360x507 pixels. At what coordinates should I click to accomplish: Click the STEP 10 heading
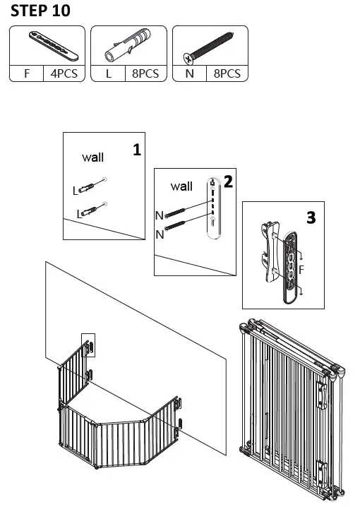41,11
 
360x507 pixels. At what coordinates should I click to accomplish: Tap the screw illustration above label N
210,46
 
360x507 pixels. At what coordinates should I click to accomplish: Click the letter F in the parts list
27,73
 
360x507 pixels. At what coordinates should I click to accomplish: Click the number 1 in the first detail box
136,149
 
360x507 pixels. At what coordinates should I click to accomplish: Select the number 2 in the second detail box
227,181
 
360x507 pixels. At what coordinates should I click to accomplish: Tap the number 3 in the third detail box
311,217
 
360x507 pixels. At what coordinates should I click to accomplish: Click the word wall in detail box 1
92,157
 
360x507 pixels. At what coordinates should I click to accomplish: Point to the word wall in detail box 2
181,186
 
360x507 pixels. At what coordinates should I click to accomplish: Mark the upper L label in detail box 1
76,191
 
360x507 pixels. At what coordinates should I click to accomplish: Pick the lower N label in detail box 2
160,234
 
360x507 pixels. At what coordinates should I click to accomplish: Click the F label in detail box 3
301,270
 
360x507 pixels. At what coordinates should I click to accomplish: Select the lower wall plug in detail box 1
90,210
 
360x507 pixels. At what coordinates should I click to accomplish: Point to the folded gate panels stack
291,410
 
